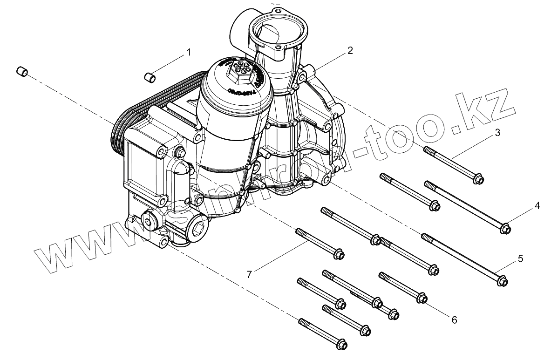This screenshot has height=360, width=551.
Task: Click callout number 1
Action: [x=188, y=52]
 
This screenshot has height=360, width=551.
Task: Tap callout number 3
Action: [x=497, y=133]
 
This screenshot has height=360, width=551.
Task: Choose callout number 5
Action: [x=520, y=258]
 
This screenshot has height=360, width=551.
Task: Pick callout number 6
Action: [x=454, y=319]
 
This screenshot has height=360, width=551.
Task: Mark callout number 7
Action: [x=249, y=275]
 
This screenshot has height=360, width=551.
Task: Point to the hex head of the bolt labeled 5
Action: [x=502, y=281]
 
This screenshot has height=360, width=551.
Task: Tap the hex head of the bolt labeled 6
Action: [x=422, y=298]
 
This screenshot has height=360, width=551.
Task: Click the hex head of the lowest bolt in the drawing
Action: [x=342, y=344]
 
